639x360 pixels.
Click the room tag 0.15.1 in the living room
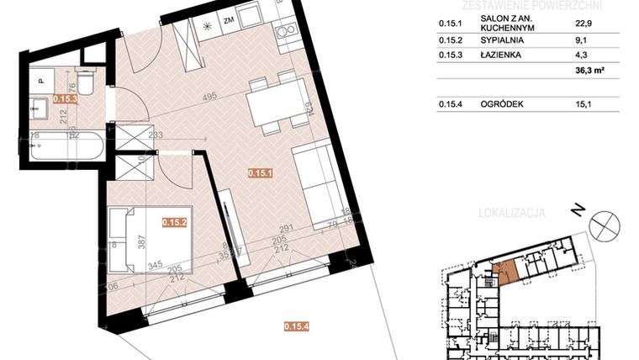click(258, 173)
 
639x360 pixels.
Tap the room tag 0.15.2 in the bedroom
click(174, 222)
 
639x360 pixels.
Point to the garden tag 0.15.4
click(297, 326)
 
